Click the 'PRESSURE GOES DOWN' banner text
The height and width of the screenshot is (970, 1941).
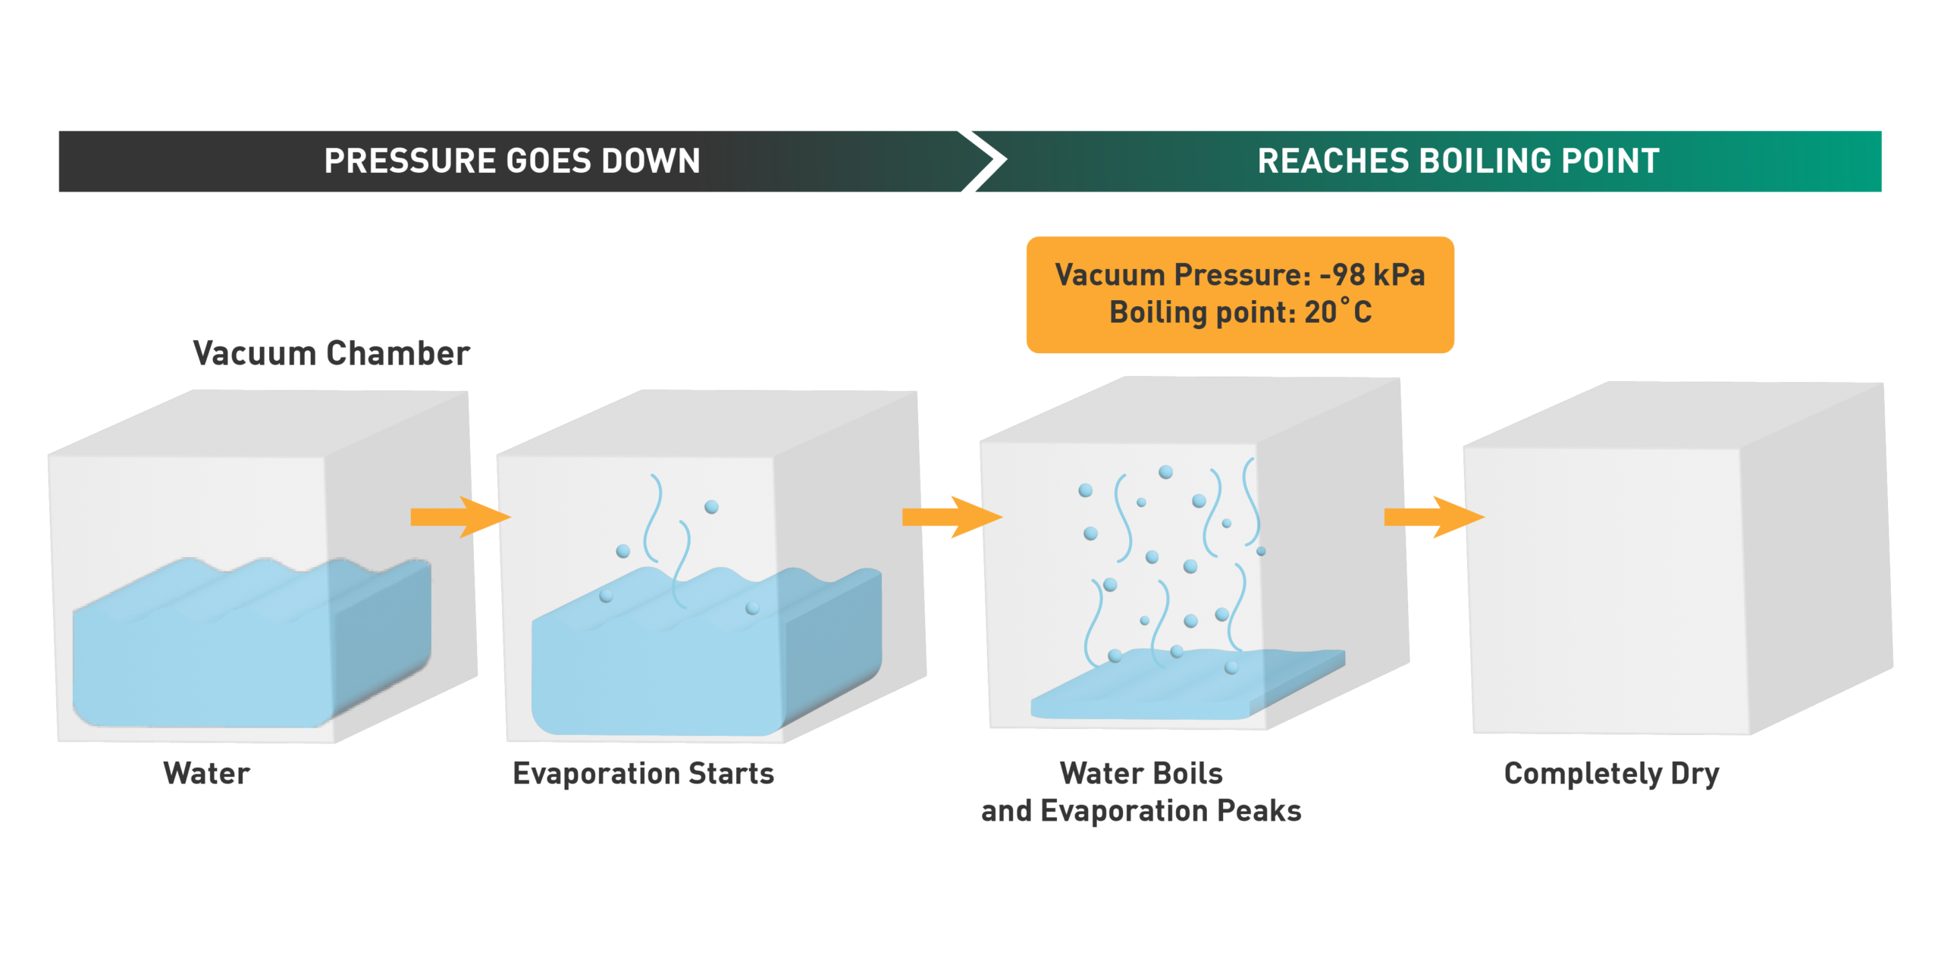pos(512,161)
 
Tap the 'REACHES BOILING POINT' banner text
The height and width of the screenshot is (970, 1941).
pos(1458,161)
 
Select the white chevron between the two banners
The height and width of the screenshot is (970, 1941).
pos(986,161)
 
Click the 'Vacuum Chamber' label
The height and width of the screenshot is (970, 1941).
pos(331,354)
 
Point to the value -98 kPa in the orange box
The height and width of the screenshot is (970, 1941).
pos(1372,274)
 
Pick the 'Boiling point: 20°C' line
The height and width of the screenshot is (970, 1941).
pos(1240,312)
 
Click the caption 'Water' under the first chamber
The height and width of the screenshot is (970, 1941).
pos(206,774)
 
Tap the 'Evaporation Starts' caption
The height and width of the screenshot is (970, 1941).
pos(643,774)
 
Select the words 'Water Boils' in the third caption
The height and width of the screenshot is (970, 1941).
pos(1141,774)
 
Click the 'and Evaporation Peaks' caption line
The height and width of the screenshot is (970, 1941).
pos(1141,811)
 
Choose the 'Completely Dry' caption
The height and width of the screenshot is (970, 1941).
pos(1611,774)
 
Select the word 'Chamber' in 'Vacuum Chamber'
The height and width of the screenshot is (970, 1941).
pos(397,354)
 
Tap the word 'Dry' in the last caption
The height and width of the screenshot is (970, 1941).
pos(1695,774)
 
